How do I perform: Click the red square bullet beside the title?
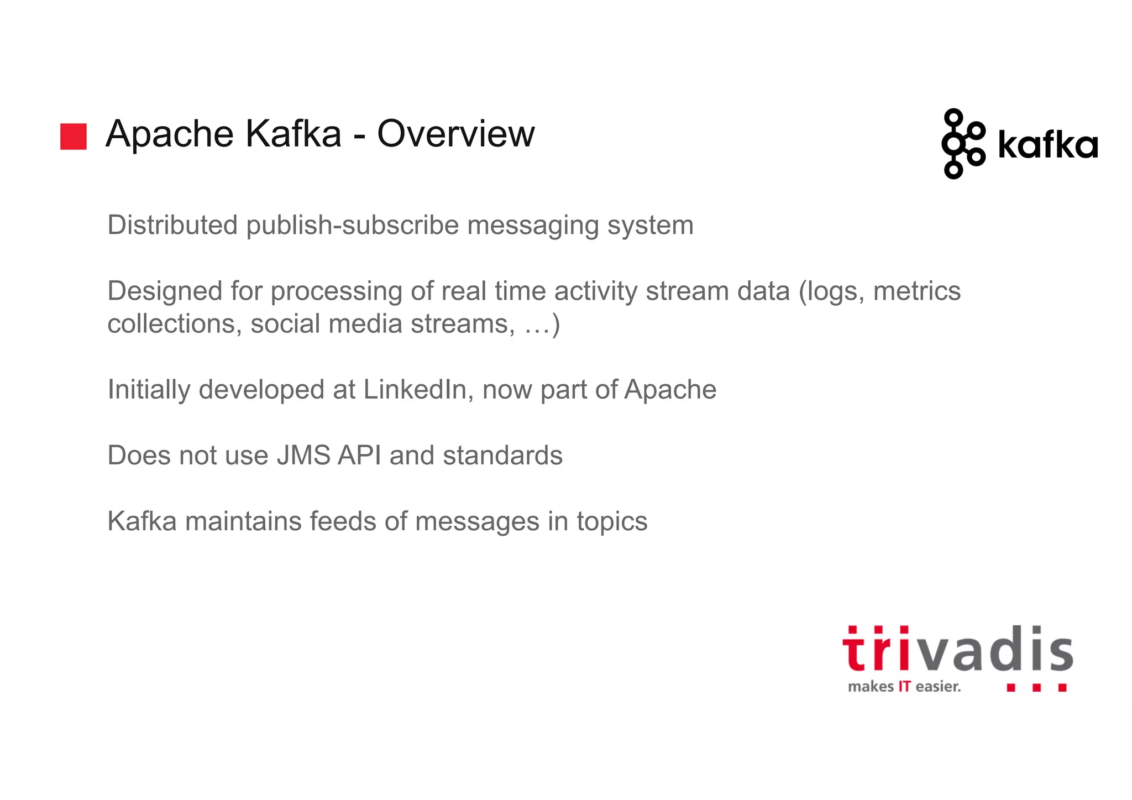[x=74, y=137]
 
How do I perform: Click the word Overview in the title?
[x=456, y=134]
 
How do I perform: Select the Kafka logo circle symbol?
[x=962, y=144]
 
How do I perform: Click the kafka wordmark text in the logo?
[x=1047, y=146]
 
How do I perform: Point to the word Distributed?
[x=172, y=225]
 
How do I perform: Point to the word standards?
[x=502, y=455]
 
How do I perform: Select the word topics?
[x=612, y=521]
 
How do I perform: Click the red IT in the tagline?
[x=904, y=687]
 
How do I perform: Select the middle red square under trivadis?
[x=1036, y=688]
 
